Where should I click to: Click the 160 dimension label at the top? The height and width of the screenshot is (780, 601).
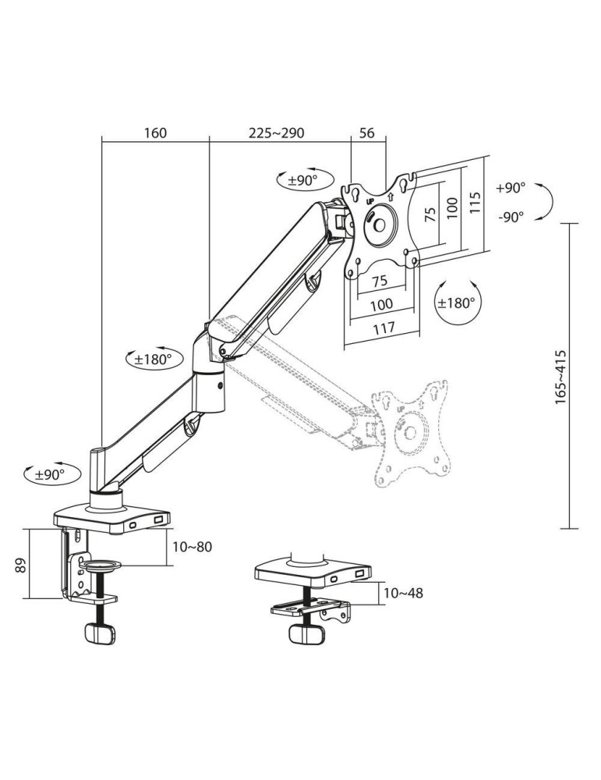[155, 133]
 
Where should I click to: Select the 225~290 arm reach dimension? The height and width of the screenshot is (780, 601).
[276, 133]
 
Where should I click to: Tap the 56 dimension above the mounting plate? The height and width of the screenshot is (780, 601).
[367, 133]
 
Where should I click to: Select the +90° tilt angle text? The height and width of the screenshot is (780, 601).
[511, 188]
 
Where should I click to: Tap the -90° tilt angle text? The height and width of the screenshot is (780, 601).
[511, 218]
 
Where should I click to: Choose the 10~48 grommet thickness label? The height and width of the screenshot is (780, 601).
[404, 593]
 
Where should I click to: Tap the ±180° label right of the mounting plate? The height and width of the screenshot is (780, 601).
[458, 303]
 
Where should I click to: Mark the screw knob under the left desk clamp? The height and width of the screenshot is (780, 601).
[99, 633]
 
